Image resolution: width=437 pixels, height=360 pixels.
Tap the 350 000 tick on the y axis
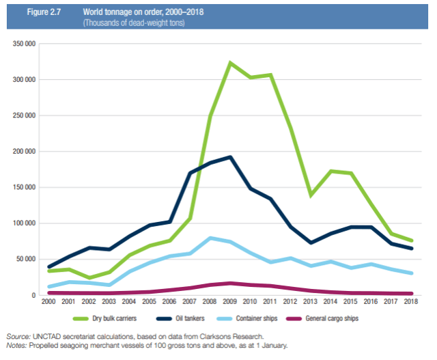pyautogui.click(x=25, y=44)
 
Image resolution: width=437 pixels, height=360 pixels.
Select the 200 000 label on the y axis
pyautogui.click(x=25, y=152)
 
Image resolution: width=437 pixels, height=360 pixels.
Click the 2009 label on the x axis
pyautogui.click(x=230, y=301)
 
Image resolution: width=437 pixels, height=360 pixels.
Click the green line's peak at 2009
pyautogui.click(x=230, y=63)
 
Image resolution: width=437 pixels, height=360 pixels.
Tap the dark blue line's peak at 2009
pyautogui.click(x=230, y=157)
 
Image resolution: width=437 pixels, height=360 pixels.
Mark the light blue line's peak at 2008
pyautogui.click(x=210, y=238)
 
